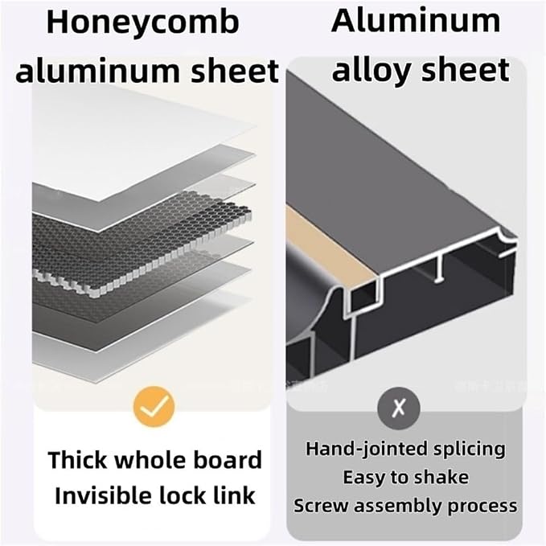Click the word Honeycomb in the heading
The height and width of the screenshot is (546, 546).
pyautogui.click(x=143, y=23)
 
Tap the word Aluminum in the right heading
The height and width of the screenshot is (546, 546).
pyautogui.click(x=416, y=21)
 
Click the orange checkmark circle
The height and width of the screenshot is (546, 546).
pyautogui.click(x=154, y=406)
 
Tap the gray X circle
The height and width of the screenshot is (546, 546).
pyautogui.click(x=399, y=408)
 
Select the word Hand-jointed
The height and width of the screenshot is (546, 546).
pyautogui.click(x=367, y=449)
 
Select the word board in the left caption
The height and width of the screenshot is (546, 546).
pyautogui.click(x=228, y=460)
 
